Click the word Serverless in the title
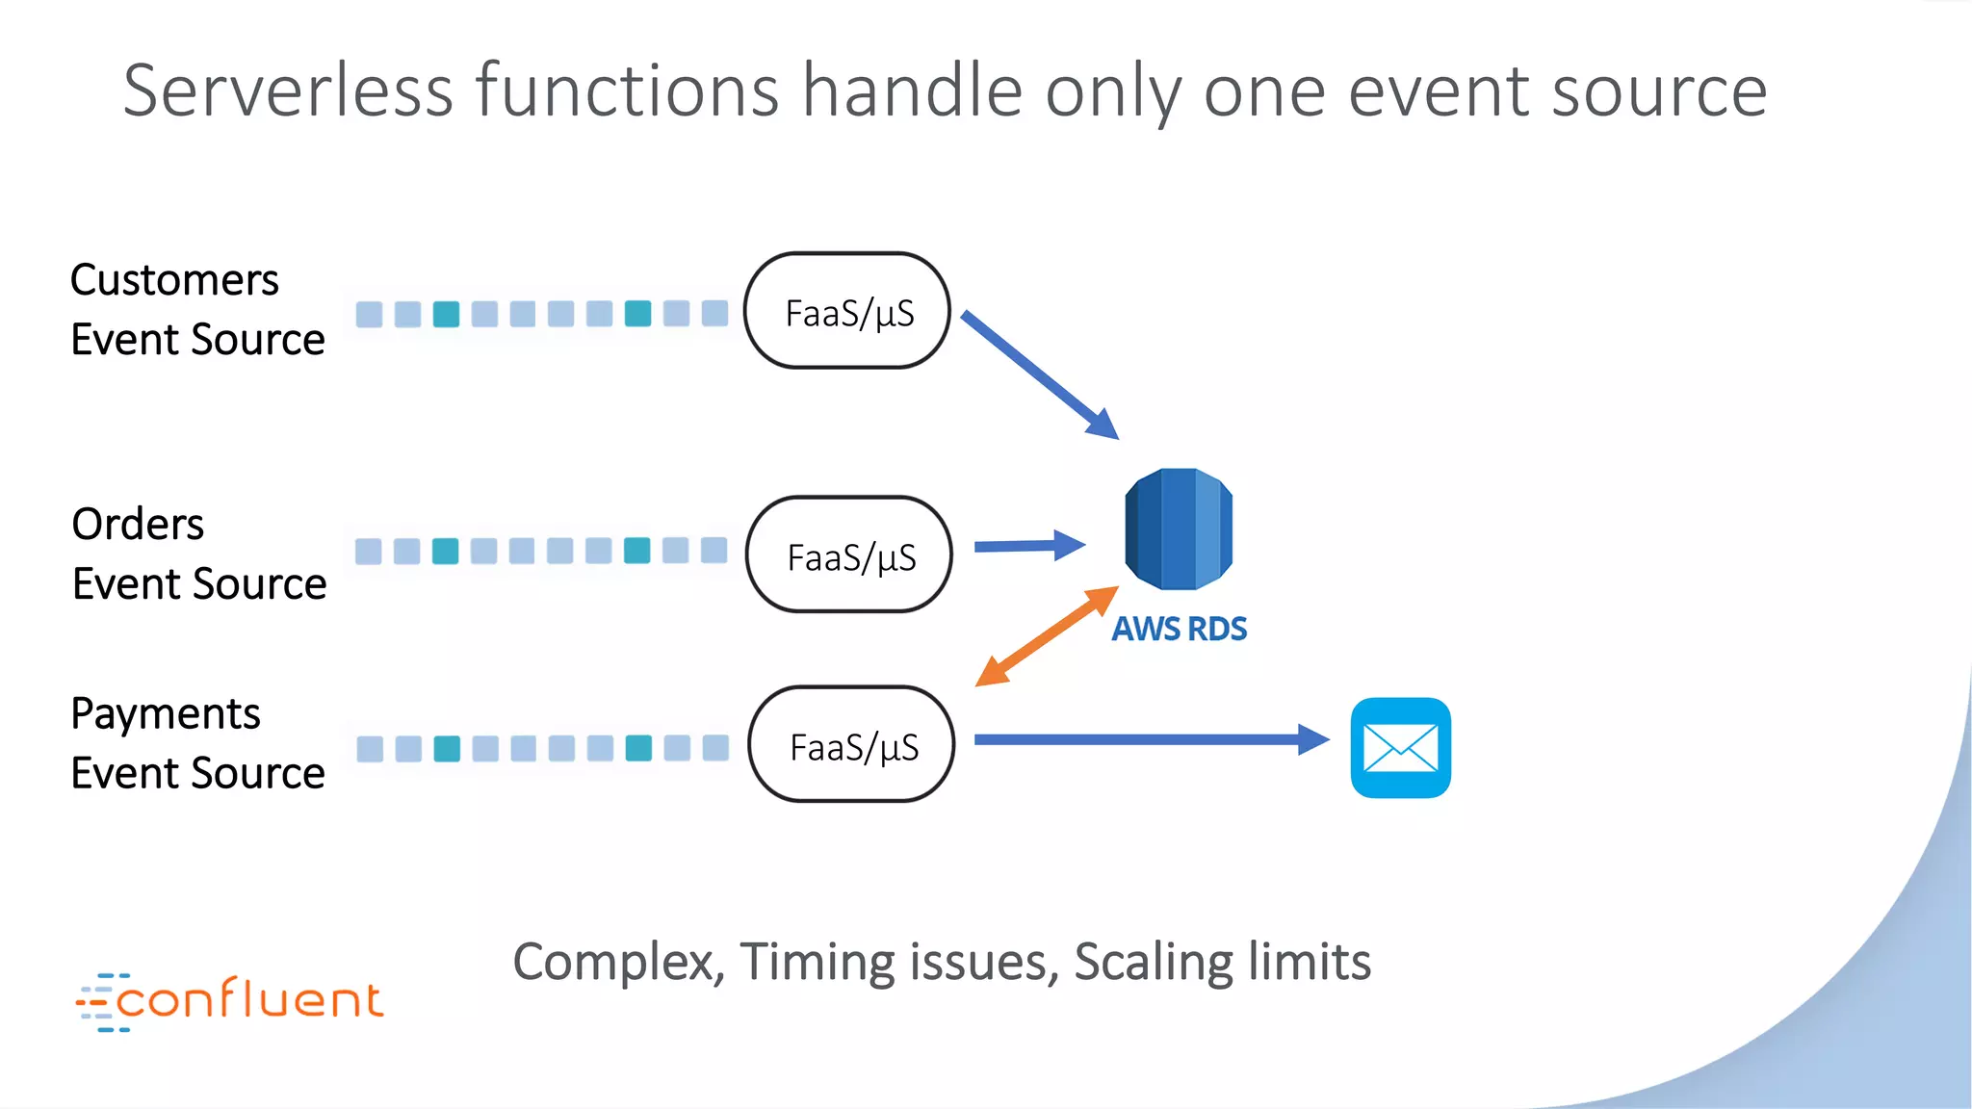coord(288,90)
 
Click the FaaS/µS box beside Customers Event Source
coord(848,311)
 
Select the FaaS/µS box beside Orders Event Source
coord(850,555)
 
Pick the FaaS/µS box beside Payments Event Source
coord(852,745)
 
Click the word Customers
coord(174,280)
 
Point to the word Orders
coord(138,525)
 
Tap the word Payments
coord(166,714)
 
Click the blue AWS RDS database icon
coord(1179,529)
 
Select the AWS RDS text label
coord(1180,629)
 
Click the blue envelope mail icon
coord(1400,748)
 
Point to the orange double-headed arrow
coord(1047,636)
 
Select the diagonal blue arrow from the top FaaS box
coord(1040,374)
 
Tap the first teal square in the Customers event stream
coord(446,314)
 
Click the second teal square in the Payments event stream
coord(638,748)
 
